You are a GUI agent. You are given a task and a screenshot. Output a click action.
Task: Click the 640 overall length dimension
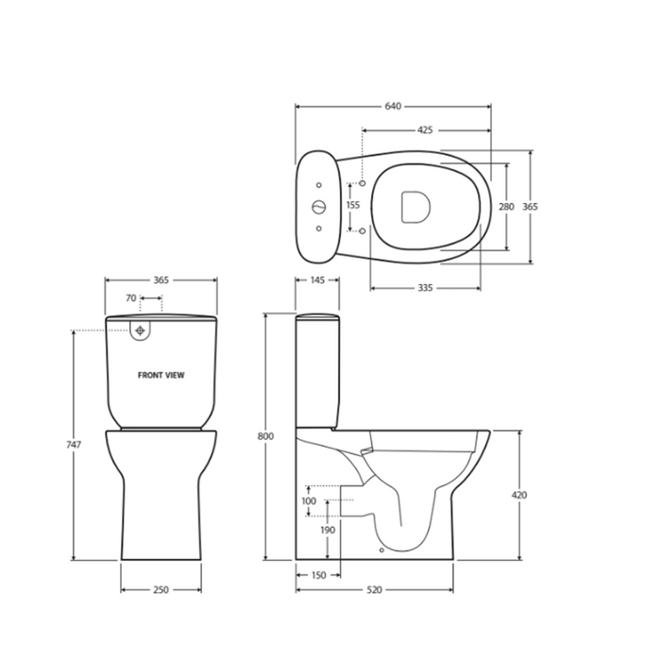[391, 107]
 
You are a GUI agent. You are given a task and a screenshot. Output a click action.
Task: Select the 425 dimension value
[424, 130]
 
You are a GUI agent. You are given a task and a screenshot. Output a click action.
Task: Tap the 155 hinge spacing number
[353, 205]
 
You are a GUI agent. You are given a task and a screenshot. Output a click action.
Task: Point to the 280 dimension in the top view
[506, 207]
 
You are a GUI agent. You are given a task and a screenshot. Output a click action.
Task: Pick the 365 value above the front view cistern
[160, 280]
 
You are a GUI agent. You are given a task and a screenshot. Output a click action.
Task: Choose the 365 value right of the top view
[531, 207]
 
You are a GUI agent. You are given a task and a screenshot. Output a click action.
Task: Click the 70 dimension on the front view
[129, 297]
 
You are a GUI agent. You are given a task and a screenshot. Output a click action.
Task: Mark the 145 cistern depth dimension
[317, 280]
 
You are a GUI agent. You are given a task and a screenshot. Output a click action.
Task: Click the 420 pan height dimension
[519, 495]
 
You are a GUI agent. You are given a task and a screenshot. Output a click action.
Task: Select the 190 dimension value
[326, 531]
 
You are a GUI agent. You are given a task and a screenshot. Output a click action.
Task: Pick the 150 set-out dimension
[318, 575]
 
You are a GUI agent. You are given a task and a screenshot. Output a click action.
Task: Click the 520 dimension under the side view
[374, 590]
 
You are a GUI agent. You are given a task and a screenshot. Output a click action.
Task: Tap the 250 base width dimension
[161, 590]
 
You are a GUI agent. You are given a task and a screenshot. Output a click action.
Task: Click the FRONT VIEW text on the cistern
[161, 375]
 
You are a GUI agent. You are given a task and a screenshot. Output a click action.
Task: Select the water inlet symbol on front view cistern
[141, 330]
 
